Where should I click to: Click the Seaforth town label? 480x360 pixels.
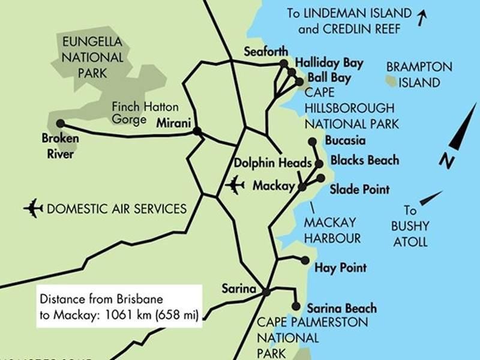[x=266, y=52]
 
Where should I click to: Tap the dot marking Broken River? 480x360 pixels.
[x=60, y=124]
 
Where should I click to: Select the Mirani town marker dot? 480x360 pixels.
[x=196, y=130]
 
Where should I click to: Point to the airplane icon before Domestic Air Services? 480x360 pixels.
[x=33, y=209]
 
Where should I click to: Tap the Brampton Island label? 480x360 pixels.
[x=419, y=74]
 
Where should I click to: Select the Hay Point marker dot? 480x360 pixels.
[x=305, y=261]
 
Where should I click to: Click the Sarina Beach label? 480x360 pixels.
[x=341, y=308]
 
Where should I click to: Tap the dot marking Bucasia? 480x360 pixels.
[x=312, y=142]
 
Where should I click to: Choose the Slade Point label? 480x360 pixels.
[x=359, y=190]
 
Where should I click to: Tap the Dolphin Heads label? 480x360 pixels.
[x=272, y=163]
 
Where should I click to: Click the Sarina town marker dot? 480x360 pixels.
[x=265, y=292]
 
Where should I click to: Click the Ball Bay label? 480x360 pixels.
[x=329, y=79]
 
